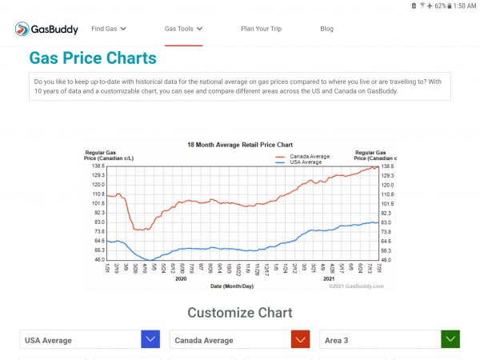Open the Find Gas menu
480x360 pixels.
click(x=109, y=29)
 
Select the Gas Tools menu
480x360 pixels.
click(x=183, y=29)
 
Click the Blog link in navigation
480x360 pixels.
click(x=326, y=29)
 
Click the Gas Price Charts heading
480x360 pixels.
click(x=93, y=58)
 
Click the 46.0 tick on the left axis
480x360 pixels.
click(x=98, y=260)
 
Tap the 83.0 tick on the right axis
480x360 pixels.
click(x=387, y=222)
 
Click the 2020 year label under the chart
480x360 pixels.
click(x=180, y=279)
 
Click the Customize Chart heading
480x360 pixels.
click(x=240, y=313)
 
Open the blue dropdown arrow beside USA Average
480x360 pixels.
click(x=150, y=340)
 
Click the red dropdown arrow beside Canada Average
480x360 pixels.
click(x=300, y=340)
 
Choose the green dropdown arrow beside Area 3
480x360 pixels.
click(x=450, y=340)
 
